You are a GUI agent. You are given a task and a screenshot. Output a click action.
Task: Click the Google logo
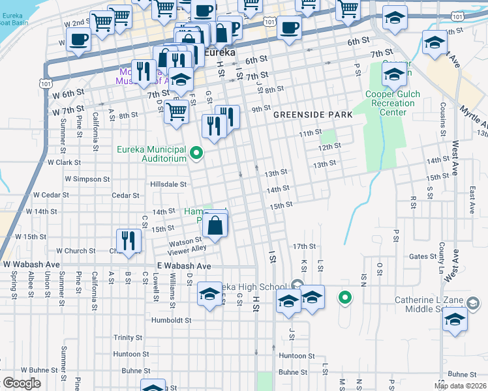click(x=22, y=383)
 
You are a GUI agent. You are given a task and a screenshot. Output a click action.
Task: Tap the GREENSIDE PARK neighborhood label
click(x=313, y=115)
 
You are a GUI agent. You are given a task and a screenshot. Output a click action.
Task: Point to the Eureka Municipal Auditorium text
click(x=151, y=149)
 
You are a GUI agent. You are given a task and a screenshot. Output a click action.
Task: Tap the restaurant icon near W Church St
click(x=129, y=240)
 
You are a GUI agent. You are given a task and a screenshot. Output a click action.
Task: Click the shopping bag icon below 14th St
click(x=215, y=226)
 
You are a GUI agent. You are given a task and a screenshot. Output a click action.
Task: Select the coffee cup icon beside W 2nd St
click(x=78, y=39)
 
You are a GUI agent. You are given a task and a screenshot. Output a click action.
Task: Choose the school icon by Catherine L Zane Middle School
click(x=454, y=321)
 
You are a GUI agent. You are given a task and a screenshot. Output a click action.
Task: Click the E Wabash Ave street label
click(x=184, y=266)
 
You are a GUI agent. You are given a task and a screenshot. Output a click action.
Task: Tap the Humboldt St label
click(x=169, y=320)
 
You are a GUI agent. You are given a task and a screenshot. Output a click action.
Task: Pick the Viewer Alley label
click(x=187, y=250)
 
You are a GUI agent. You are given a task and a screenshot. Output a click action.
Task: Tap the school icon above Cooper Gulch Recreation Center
click(x=394, y=75)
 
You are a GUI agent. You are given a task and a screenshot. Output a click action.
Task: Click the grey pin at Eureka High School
click(x=297, y=285)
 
